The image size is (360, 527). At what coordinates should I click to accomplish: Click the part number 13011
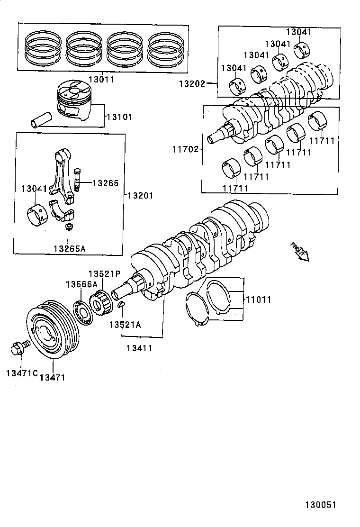pyautogui.click(x=100, y=80)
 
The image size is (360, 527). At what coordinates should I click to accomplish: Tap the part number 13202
pyautogui.click(x=192, y=84)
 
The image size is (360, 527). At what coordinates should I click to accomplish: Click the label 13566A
pyautogui.click(x=81, y=284)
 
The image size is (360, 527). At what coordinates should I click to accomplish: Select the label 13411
pyautogui.click(x=139, y=348)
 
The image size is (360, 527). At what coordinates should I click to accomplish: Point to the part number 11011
pyautogui.click(x=258, y=300)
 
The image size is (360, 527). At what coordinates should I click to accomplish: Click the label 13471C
pyautogui.click(x=22, y=373)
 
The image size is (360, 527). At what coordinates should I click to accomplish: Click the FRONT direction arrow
pyautogui.click(x=299, y=252)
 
